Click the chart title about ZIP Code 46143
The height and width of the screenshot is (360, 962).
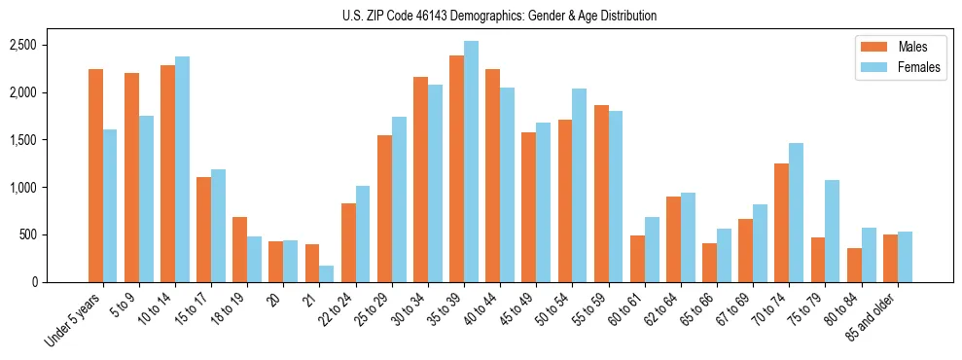click(499, 16)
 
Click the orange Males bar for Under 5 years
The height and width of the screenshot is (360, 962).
click(95, 175)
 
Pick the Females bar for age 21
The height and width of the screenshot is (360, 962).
click(326, 273)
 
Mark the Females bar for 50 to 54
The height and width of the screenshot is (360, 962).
click(579, 185)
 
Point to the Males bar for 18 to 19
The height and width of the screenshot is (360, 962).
click(239, 249)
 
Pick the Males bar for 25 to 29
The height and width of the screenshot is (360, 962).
click(384, 208)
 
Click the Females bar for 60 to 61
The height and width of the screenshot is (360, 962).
click(652, 249)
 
